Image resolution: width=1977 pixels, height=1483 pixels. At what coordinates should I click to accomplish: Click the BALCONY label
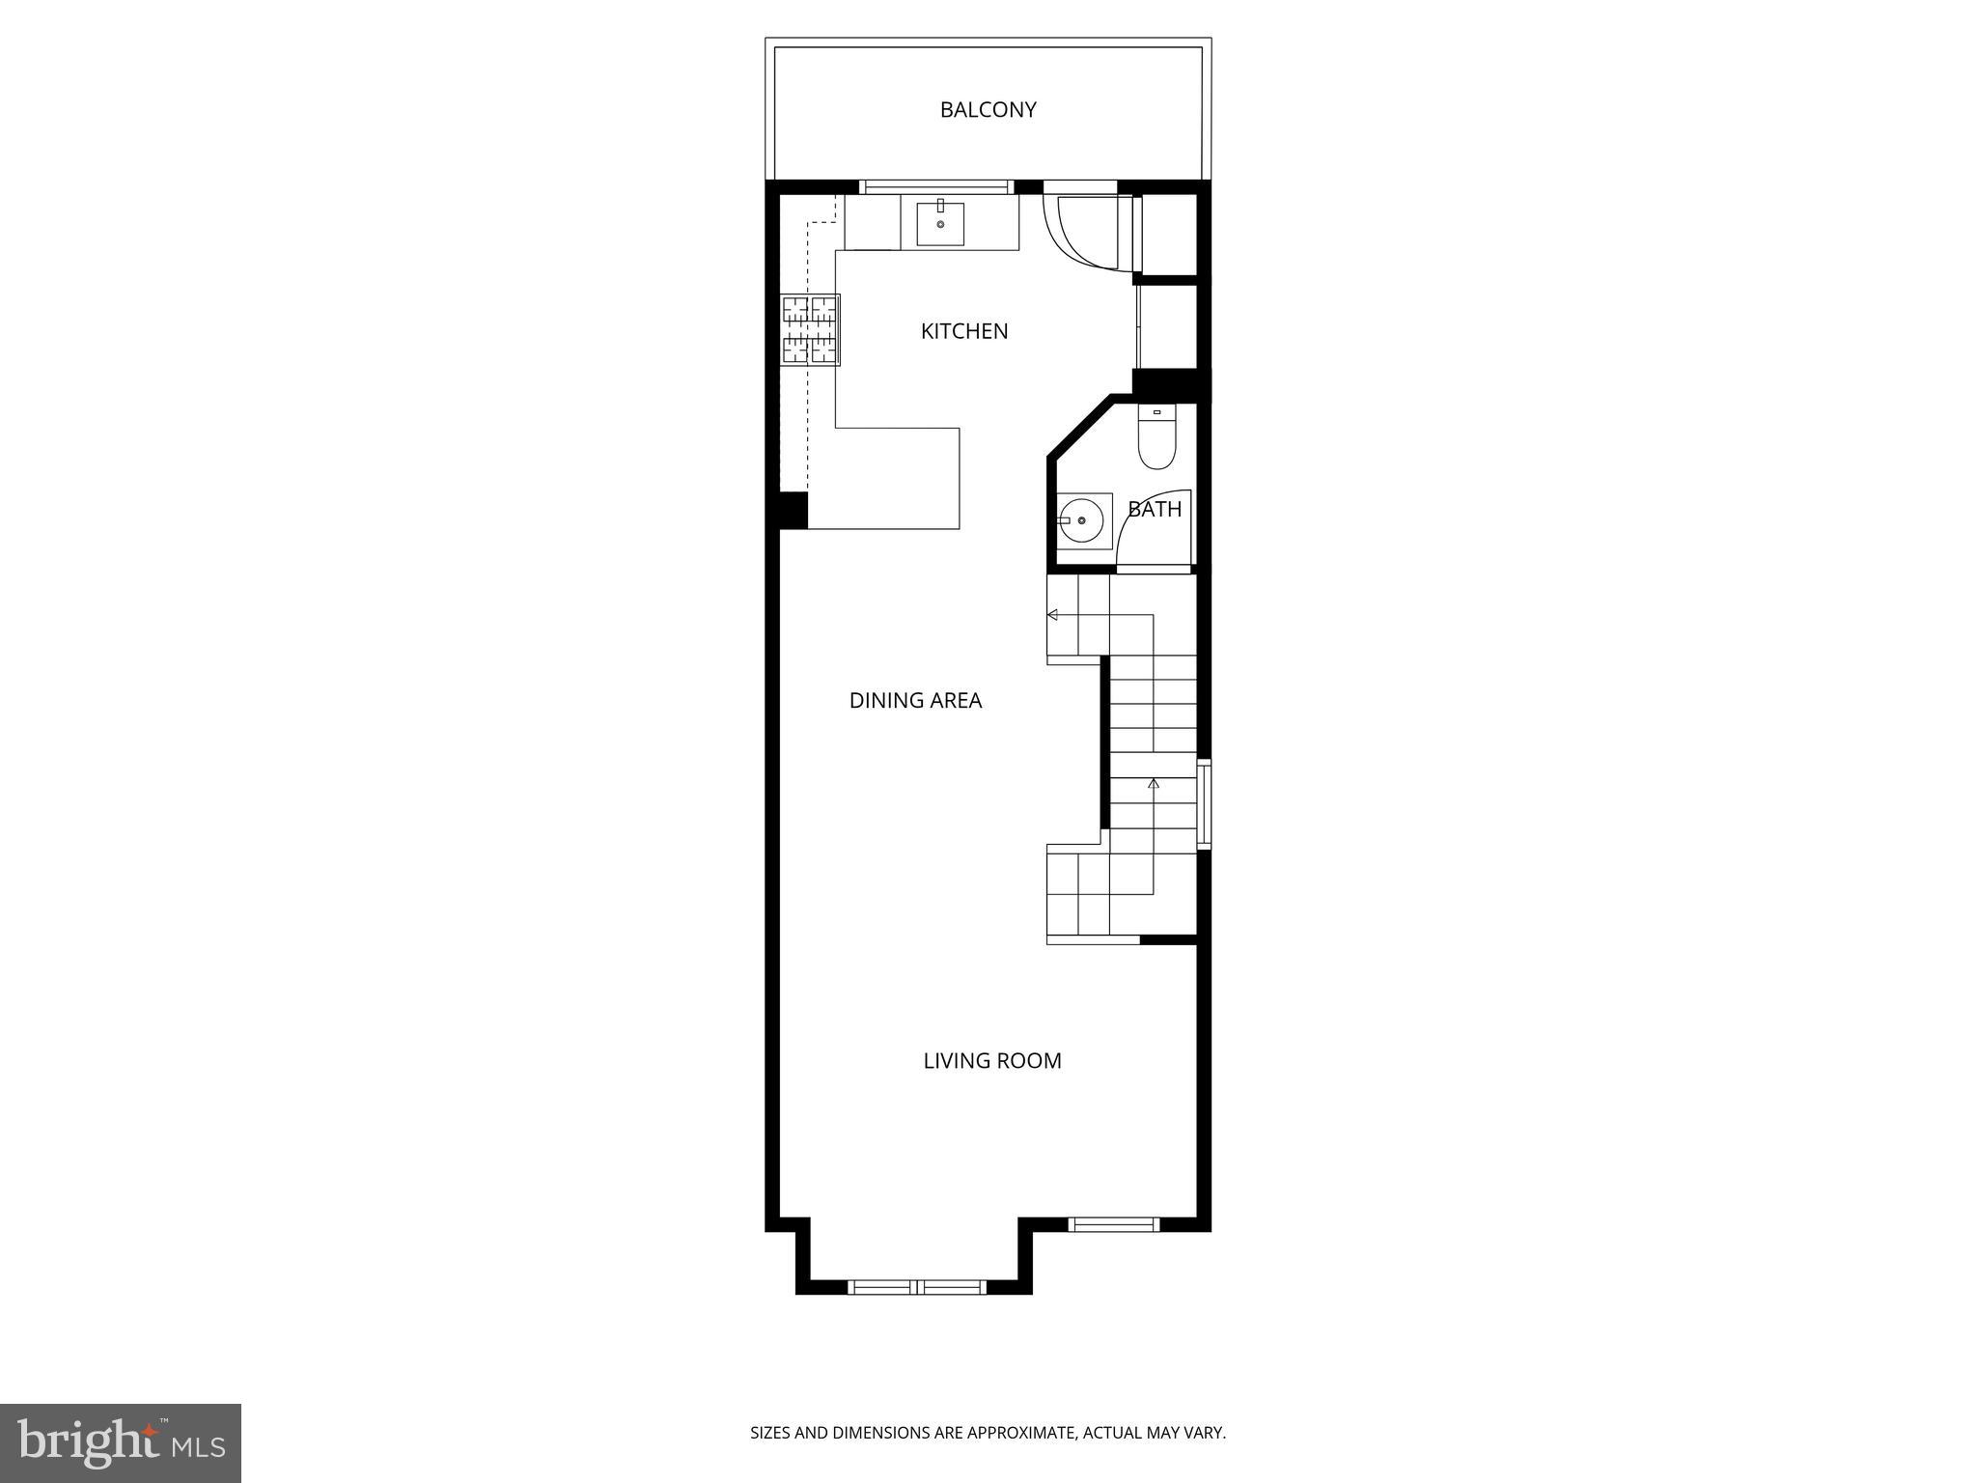[x=988, y=110]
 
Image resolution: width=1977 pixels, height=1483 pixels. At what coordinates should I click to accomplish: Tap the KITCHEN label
[x=963, y=331]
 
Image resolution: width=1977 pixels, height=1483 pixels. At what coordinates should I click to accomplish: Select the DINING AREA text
[x=915, y=701]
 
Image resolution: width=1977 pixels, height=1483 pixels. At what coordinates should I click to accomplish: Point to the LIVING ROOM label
[x=991, y=1061]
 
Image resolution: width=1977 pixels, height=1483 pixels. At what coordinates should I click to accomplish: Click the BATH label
[x=1155, y=509]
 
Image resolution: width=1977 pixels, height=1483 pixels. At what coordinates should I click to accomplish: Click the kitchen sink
[x=939, y=224]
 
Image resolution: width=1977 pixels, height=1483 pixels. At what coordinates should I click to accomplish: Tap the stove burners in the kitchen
[x=809, y=330]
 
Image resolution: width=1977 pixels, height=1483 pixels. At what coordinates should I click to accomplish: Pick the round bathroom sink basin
[x=1082, y=520]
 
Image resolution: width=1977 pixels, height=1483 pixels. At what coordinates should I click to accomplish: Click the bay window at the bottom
[x=916, y=1286]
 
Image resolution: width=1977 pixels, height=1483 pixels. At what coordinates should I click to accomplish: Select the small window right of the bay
[x=1113, y=1224]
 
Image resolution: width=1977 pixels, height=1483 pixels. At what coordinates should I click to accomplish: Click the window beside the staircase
[x=1204, y=804]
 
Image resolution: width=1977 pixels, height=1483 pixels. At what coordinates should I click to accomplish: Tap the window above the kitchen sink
[x=935, y=187]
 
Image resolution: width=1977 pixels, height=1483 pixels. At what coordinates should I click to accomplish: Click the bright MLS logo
[x=121, y=1442]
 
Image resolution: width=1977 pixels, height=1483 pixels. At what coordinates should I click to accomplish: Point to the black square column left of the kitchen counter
[x=792, y=510]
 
